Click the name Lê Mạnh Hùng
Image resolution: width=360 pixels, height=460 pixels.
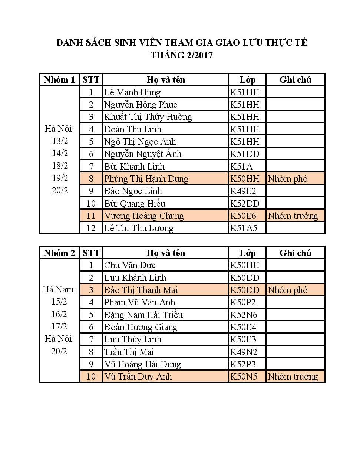[x=132, y=92]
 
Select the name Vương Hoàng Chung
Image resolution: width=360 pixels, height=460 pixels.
[x=144, y=216]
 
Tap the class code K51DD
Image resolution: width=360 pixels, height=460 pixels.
[x=245, y=154]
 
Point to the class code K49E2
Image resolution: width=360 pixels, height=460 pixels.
[x=243, y=191]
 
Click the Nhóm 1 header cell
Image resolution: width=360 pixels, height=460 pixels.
[x=59, y=80]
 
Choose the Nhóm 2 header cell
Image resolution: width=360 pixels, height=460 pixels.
[x=59, y=253]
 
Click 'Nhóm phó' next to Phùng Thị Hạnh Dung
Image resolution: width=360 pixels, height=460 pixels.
[x=288, y=179]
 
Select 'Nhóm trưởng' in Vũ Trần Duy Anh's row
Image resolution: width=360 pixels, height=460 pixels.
[x=293, y=377]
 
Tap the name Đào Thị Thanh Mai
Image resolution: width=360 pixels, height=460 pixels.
[x=141, y=290]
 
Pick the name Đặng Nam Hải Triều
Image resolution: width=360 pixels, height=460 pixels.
[x=143, y=315]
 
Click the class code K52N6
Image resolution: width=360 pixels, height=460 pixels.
[x=244, y=315]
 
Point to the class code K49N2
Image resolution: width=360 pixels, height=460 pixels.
[x=244, y=352]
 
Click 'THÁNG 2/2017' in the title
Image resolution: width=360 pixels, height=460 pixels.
[x=182, y=55]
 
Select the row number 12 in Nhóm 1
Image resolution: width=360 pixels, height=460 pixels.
[x=91, y=228]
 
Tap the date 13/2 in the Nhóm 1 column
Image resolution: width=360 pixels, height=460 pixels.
[x=60, y=141]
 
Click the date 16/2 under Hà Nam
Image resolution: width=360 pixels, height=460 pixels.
[x=59, y=314]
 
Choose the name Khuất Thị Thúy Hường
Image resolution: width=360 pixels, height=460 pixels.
[x=148, y=117]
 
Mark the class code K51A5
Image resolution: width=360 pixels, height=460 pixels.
[x=244, y=228]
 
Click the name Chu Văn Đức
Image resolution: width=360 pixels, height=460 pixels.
[x=130, y=265]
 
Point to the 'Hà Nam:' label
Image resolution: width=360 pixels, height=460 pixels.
[x=59, y=289]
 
